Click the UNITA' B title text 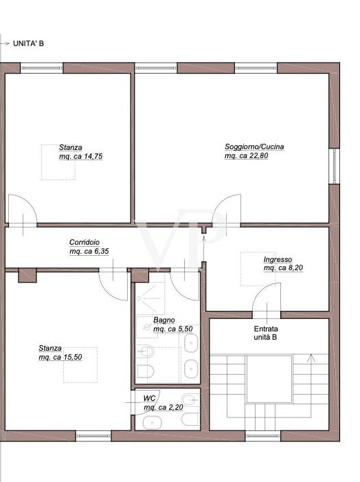[28, 43]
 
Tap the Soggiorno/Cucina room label [254, 146]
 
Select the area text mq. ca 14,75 [80, 156]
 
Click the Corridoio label [85, 242]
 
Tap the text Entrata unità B [265, 333]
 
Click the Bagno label [164, 320]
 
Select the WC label [149, 398]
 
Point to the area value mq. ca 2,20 [164, 408]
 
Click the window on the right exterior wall [335, 165]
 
